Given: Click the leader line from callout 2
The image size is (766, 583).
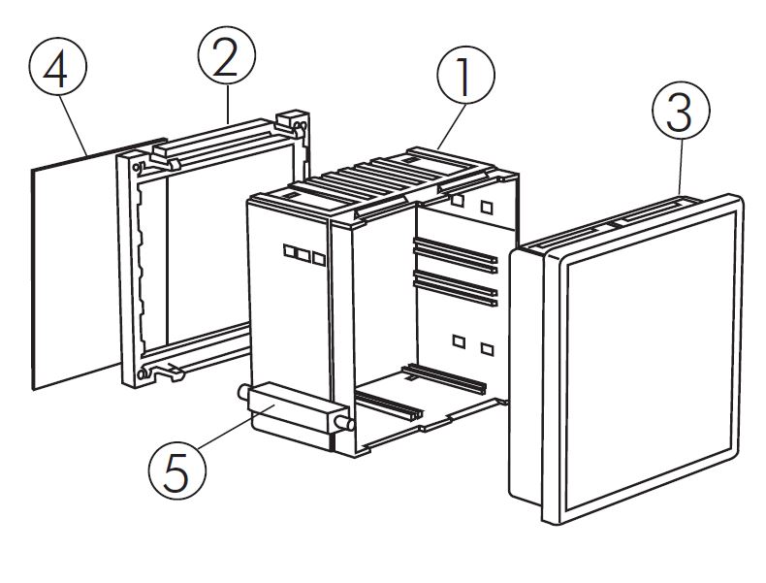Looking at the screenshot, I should pos(230,107).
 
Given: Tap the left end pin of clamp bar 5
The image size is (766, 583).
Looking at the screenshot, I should pos(241,392).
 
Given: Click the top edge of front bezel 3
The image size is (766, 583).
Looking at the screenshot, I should pos(621,219).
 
